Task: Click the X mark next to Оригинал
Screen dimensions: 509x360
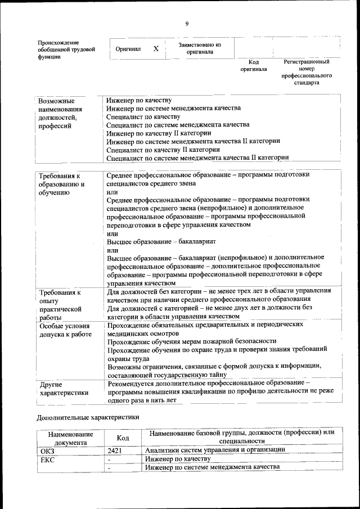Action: (x=156, y=49)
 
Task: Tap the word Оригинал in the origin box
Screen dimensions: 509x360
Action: (x=128, y=49)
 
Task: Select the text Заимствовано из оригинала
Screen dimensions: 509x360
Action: (x=200, y=48)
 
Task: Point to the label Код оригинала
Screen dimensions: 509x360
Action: (x=253, y=65)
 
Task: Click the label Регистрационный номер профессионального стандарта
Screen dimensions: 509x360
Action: (x=306, y=71)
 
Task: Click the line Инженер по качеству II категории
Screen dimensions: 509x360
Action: (x=159, y=134)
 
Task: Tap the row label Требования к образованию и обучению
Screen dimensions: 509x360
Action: (x=61, y=184)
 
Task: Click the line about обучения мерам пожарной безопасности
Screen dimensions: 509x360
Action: (x=191, y=341)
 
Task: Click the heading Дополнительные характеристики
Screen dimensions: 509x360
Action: (x=87, y=418)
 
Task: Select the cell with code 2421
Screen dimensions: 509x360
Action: (x=115, y=451)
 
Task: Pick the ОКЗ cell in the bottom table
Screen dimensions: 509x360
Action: (x=48, y=451)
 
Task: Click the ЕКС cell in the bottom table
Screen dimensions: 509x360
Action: (x=47, y=459)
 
